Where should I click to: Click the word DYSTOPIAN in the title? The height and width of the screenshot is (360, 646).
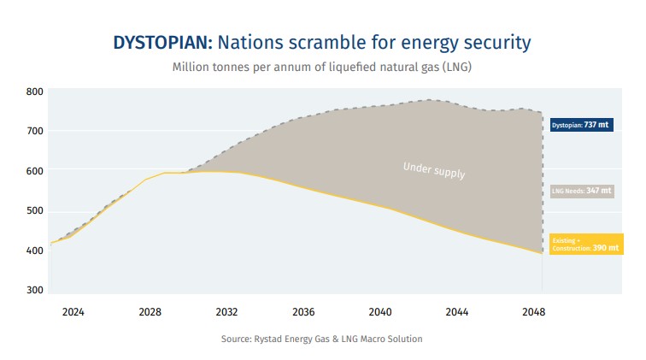coord(163,42)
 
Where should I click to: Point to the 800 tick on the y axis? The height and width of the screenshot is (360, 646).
coord(34,91)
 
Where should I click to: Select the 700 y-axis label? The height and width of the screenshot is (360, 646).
coord(34,131)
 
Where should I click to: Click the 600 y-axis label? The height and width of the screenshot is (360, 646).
coord(34,171)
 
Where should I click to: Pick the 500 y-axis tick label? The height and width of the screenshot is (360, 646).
coord(34,211)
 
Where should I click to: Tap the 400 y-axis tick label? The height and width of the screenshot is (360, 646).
coord(34,251)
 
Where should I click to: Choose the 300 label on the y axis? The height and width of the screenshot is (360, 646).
coord(34,291)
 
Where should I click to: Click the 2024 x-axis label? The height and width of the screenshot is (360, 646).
coord(73,312)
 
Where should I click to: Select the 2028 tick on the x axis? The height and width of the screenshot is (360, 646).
coord(150,312)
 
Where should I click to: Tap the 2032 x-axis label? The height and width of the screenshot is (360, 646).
coord(226,312)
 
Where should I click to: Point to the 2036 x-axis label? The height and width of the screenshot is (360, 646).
coord(303,312)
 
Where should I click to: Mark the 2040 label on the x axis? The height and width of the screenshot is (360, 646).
coord(380,312)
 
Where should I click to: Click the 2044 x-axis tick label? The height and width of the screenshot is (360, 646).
coord(457,312)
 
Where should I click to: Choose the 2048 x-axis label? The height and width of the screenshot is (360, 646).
coord(534,312)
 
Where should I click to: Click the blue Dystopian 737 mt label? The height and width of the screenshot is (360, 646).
coord(581,125)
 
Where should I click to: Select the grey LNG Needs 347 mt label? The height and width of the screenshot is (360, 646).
coord(581,191)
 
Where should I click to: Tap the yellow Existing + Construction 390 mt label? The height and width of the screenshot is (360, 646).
coord(581,245)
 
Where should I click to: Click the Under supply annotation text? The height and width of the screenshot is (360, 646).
coord(434,169)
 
